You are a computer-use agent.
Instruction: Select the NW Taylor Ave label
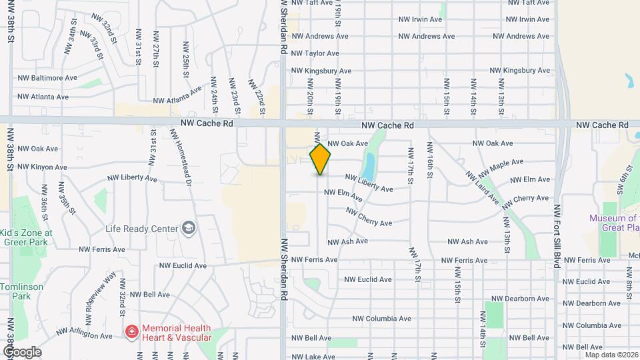(315, 53)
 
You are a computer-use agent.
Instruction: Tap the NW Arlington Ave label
(84, 333)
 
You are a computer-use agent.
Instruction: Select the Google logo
(22, 352)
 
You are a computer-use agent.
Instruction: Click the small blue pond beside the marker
(368, 161)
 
